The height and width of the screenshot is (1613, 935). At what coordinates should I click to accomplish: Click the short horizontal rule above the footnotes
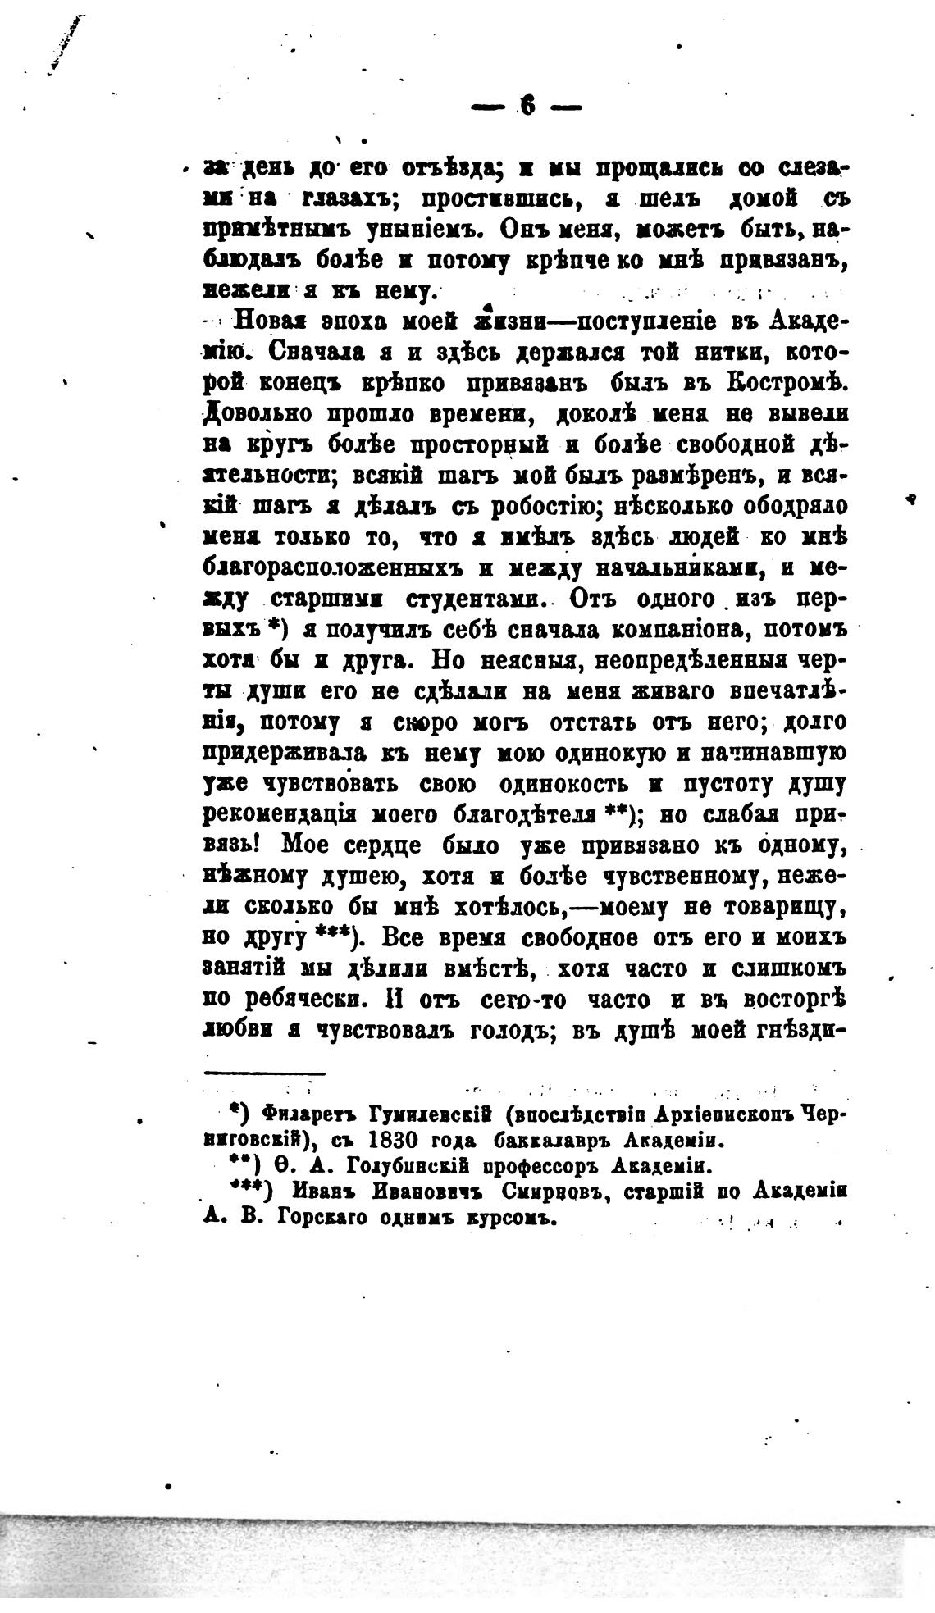tap(264, 1073)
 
